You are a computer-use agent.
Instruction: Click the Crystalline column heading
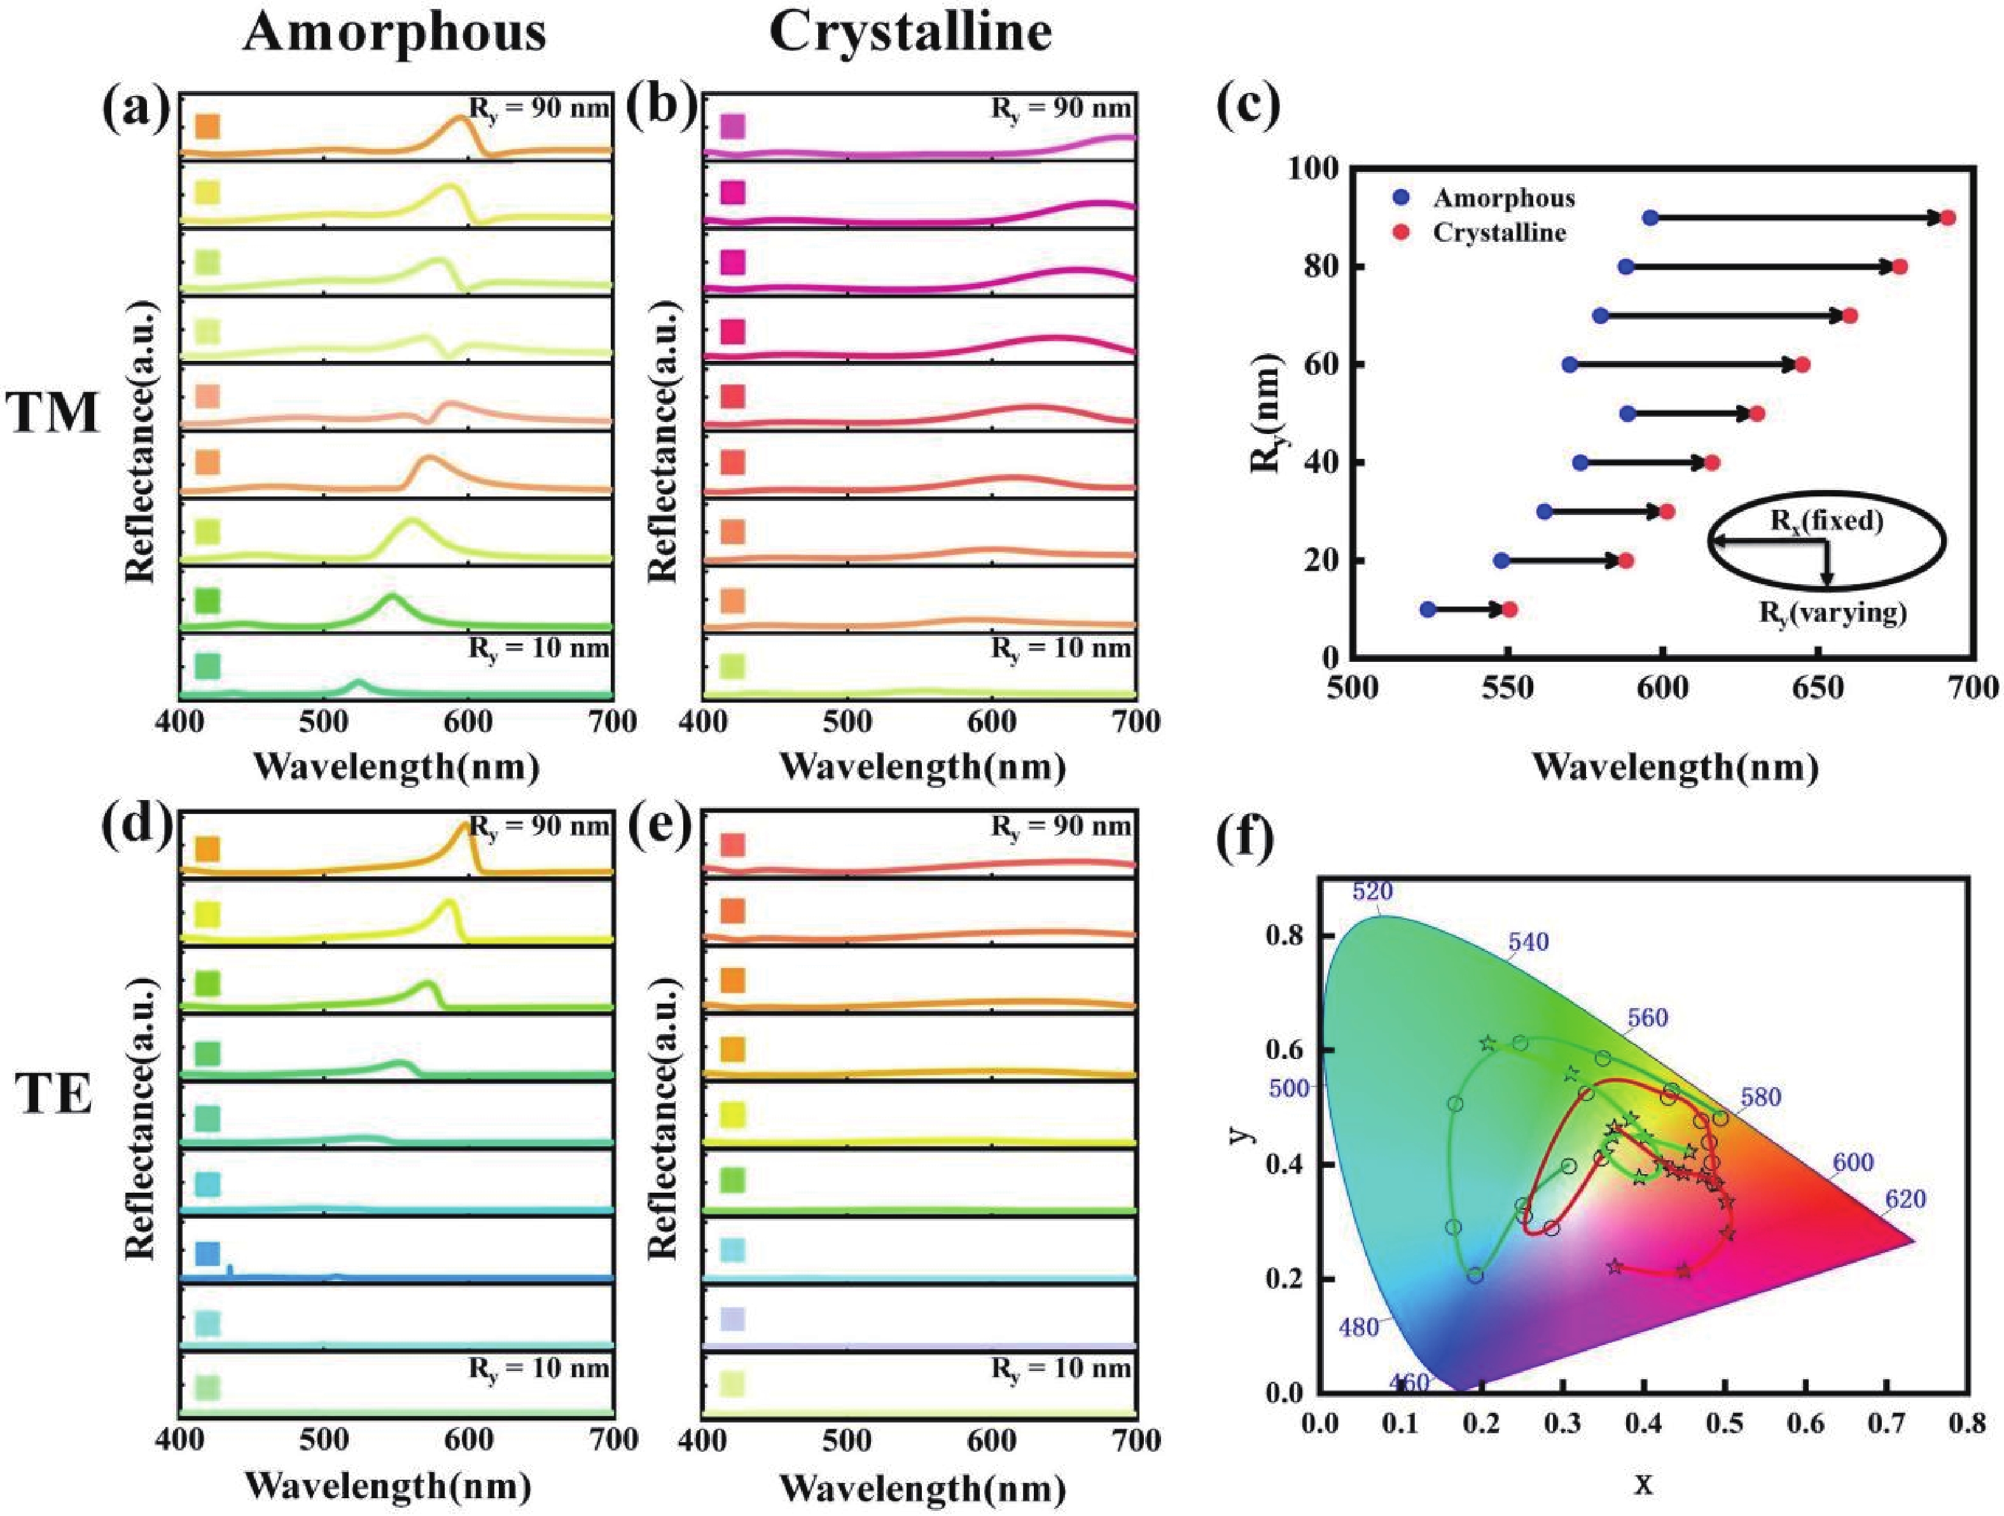tap(910, 34)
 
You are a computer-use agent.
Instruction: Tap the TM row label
tap(53, 412)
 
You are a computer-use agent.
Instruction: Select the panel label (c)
tap(1248, 106)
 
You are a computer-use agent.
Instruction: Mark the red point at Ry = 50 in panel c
tap(1757, 413)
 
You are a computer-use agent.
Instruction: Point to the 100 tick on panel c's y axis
tap(1309, 169)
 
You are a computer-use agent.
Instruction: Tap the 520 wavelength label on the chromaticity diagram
tap(1372, 892)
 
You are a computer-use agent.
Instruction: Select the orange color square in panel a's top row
tap(207, 126)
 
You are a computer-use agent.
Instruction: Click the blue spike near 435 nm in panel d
tap(229, 1270)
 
